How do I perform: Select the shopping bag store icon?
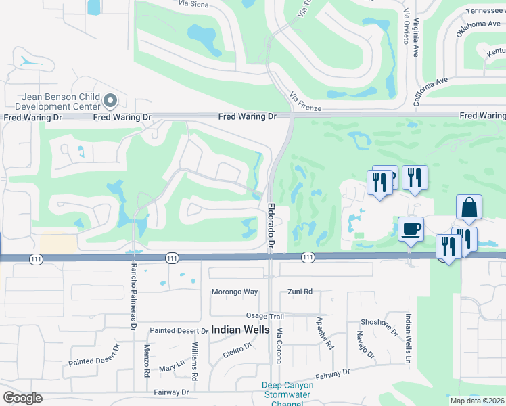pos(469,207)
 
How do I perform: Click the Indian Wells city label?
pos(240,330)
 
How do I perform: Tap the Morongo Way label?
pos(233,292)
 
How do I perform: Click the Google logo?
pos(23,398)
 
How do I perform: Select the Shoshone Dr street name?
pos(384,327)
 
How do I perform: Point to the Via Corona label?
pos(278,346)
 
